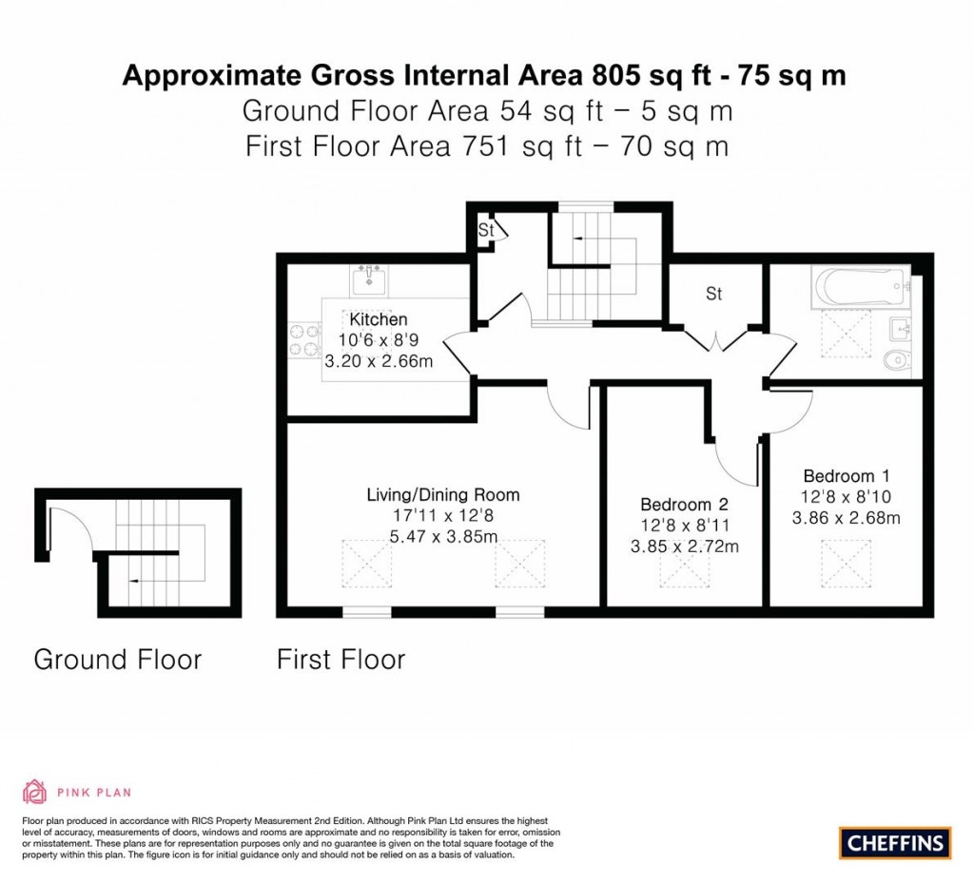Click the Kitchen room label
pos(379,319)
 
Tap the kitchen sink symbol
pos(369,280)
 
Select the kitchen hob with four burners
pos(304,340)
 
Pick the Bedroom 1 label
pos(846,475)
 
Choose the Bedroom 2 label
pos(684,504)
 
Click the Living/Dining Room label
pos(443,494)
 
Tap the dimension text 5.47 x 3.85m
pos(443,537)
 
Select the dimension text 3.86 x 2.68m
pos(846,518)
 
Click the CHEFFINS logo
pos(895,842)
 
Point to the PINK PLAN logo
pos(76,791)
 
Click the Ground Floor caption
pos(118,659)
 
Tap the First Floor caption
pos(341,659)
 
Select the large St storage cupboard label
pos(713,294)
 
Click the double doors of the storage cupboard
pos(714,339)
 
